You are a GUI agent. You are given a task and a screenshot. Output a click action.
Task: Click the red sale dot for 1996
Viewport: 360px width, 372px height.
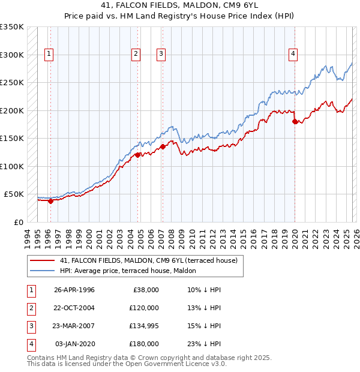tap(50, 201)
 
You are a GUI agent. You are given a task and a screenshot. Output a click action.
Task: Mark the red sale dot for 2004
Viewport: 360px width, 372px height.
tap(137, 155)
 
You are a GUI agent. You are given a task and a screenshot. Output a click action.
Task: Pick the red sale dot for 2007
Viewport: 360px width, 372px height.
tap(163, 146)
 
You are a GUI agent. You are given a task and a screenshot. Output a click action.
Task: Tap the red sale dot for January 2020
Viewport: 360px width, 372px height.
tap(295, 121)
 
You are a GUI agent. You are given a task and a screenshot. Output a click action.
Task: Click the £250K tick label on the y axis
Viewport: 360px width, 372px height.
tap(12, 83)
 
